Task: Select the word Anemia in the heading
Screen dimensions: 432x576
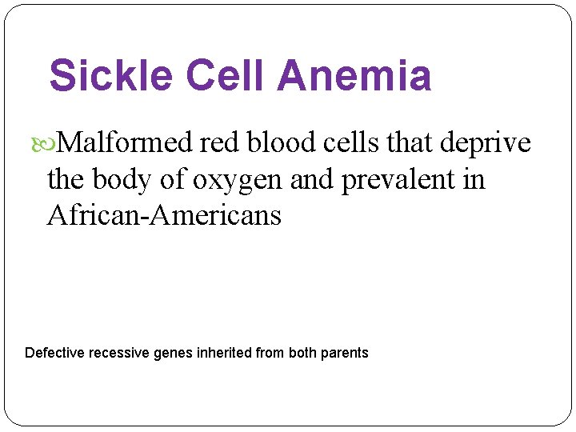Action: pos(355,77)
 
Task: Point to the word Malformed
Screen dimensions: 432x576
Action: pos(126,143)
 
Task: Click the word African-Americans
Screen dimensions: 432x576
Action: pos(164,215)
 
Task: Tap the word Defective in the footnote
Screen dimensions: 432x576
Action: pos(54,353)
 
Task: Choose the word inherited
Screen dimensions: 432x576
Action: pos(223,353)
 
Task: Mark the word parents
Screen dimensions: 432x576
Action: pos(344,353)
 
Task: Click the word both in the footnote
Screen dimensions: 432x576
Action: pos(302,353)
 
